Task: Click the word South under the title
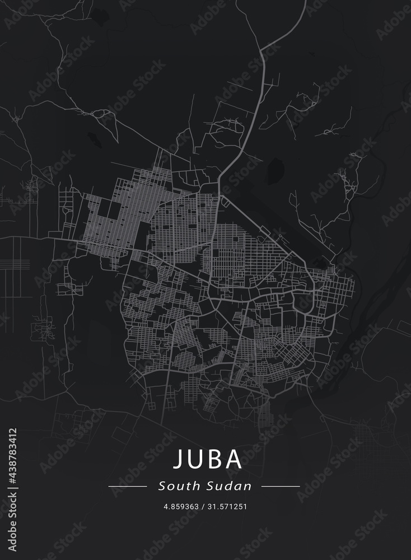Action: coord(176,486)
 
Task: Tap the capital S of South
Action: coord(162,486)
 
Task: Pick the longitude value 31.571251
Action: coord(228,506)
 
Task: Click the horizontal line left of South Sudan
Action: coord(127,487)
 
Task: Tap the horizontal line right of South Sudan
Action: coord(281,487)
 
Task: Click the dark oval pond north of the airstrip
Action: coord(275,170)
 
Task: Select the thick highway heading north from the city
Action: coord(246,123)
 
